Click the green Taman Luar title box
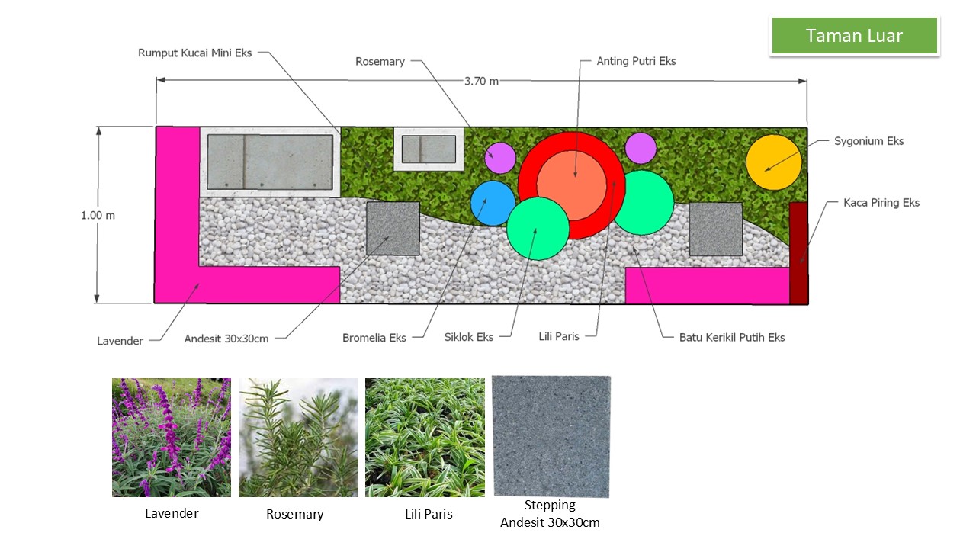855,36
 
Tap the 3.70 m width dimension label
481,82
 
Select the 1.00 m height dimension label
98,215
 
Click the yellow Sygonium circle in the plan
774,162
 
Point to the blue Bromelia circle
493,204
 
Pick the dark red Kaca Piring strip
798,253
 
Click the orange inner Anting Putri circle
572,185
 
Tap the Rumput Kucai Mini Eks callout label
194,53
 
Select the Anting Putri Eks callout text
636,62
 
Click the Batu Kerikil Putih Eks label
732,338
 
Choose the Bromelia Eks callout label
374,338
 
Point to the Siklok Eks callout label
469,337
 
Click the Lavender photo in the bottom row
172,438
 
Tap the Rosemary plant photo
298,438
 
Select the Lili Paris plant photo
425,438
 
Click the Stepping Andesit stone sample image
551,436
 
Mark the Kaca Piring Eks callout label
881,203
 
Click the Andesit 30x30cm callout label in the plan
226,339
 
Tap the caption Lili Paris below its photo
429,514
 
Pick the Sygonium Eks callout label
868,142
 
